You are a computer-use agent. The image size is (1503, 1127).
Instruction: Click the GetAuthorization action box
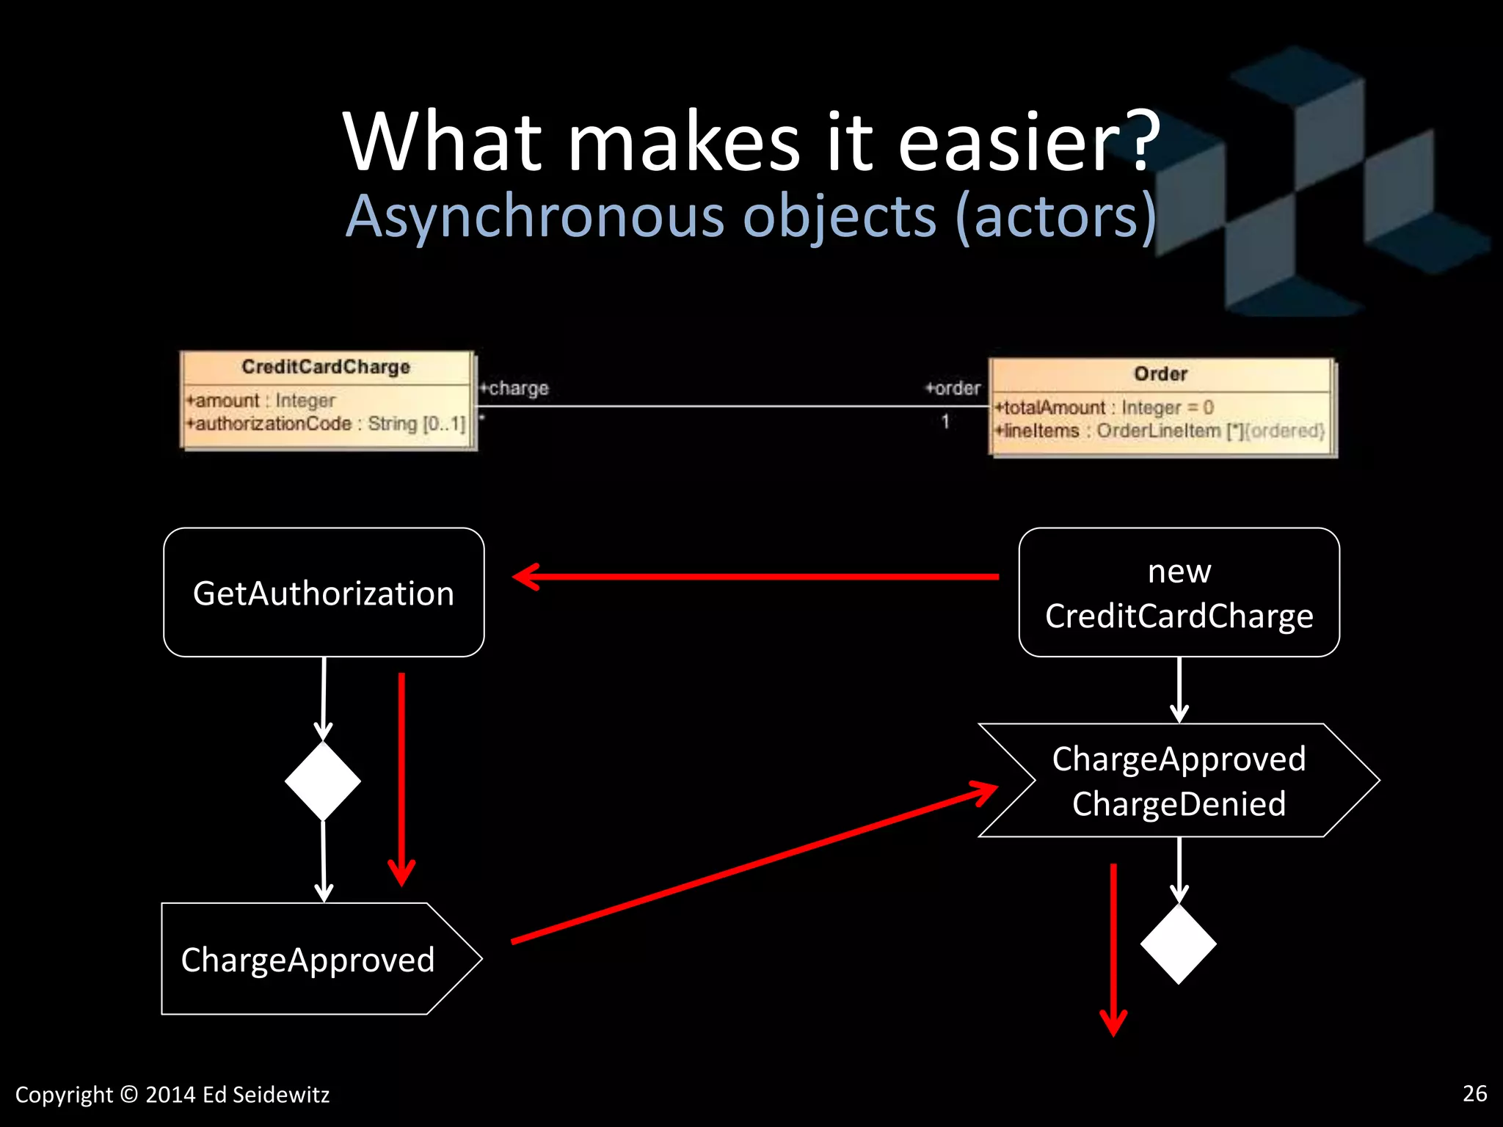(324, 592)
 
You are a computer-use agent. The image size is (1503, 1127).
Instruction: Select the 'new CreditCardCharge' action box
(1179, 592)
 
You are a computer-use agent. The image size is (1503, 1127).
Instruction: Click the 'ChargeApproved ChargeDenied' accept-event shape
(1179, 781)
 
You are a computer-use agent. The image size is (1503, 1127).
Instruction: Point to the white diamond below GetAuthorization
(323, 781)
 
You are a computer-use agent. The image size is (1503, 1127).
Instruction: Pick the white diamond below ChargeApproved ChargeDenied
(1179, 944)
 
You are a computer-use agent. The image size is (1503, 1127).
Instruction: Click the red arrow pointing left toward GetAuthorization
(756, 577)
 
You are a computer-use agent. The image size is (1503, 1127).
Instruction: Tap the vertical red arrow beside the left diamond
(401, 778)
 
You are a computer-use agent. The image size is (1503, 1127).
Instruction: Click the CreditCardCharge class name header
(326, 367)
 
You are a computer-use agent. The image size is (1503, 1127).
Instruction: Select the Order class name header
(1160, 374)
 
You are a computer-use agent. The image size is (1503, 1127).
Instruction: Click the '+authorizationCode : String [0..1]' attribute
(326, 424)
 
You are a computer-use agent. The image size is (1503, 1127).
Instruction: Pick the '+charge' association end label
(514, 388)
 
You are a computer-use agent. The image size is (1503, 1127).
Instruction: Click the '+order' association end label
(953, 388)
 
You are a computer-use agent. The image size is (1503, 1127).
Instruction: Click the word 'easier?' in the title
(1027, 143)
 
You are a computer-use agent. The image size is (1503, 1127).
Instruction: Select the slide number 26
(1474, 1093)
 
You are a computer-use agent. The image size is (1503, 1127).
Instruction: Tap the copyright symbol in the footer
(128, 1095)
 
